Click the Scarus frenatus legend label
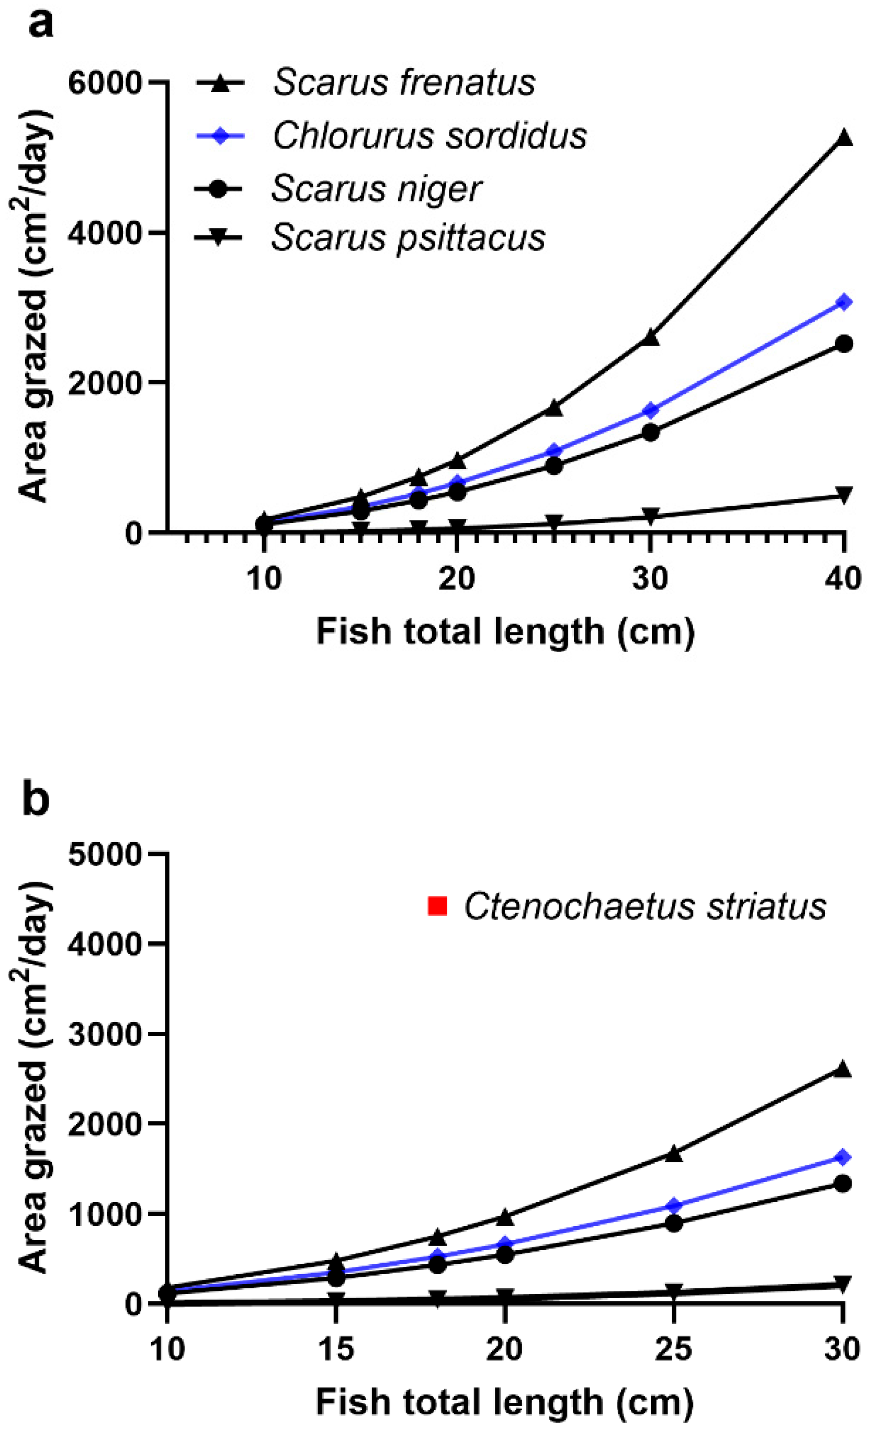[x=404, y=83]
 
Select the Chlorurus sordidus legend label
[x=429, y=136]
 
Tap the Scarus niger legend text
[x=376, y=189]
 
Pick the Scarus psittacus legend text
[x=408, y=237]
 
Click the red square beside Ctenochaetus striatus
[x=437, y=906]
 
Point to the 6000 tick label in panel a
[x=105, y=83]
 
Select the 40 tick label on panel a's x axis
[x=843, y=580]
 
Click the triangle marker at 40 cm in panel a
[x=843, y=138]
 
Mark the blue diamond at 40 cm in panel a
[x=843, y=302]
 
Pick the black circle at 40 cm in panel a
[x=843, y=344]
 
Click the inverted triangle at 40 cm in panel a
[x=843, y=495]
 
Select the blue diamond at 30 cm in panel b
[x=843, y=1157]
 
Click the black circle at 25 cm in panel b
[x=673, y=1222]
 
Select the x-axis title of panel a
[x=505, y=632]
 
